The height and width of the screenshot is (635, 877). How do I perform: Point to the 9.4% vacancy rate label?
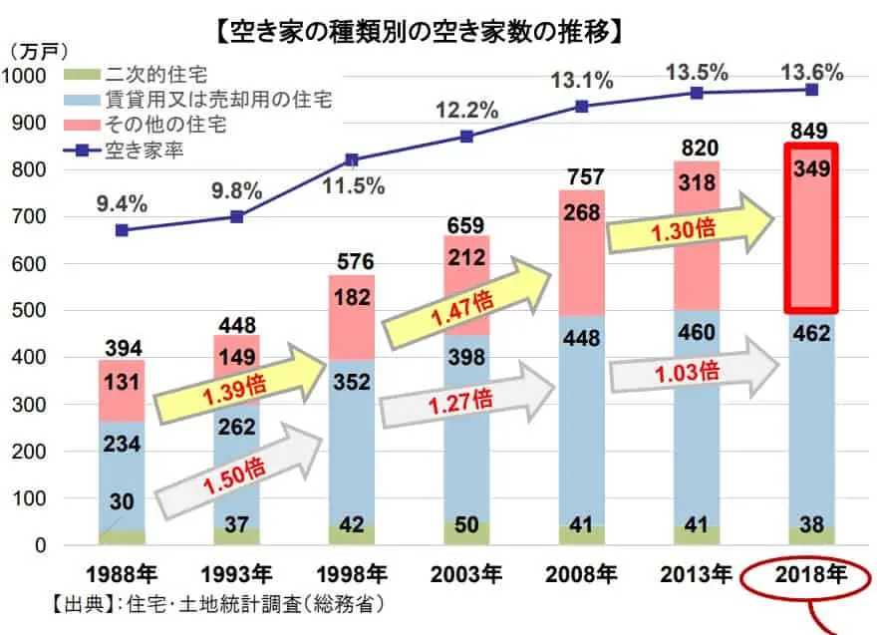pos(122,204)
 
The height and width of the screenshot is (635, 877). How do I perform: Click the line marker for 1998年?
pos(351,159)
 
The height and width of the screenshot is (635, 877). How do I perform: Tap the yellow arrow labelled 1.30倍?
pos(696,229)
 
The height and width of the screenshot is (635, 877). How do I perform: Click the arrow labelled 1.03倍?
pos(696,371)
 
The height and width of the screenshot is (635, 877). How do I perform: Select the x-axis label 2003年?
pos(466,575)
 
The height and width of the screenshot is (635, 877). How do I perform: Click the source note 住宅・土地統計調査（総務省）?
pos(214,604)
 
